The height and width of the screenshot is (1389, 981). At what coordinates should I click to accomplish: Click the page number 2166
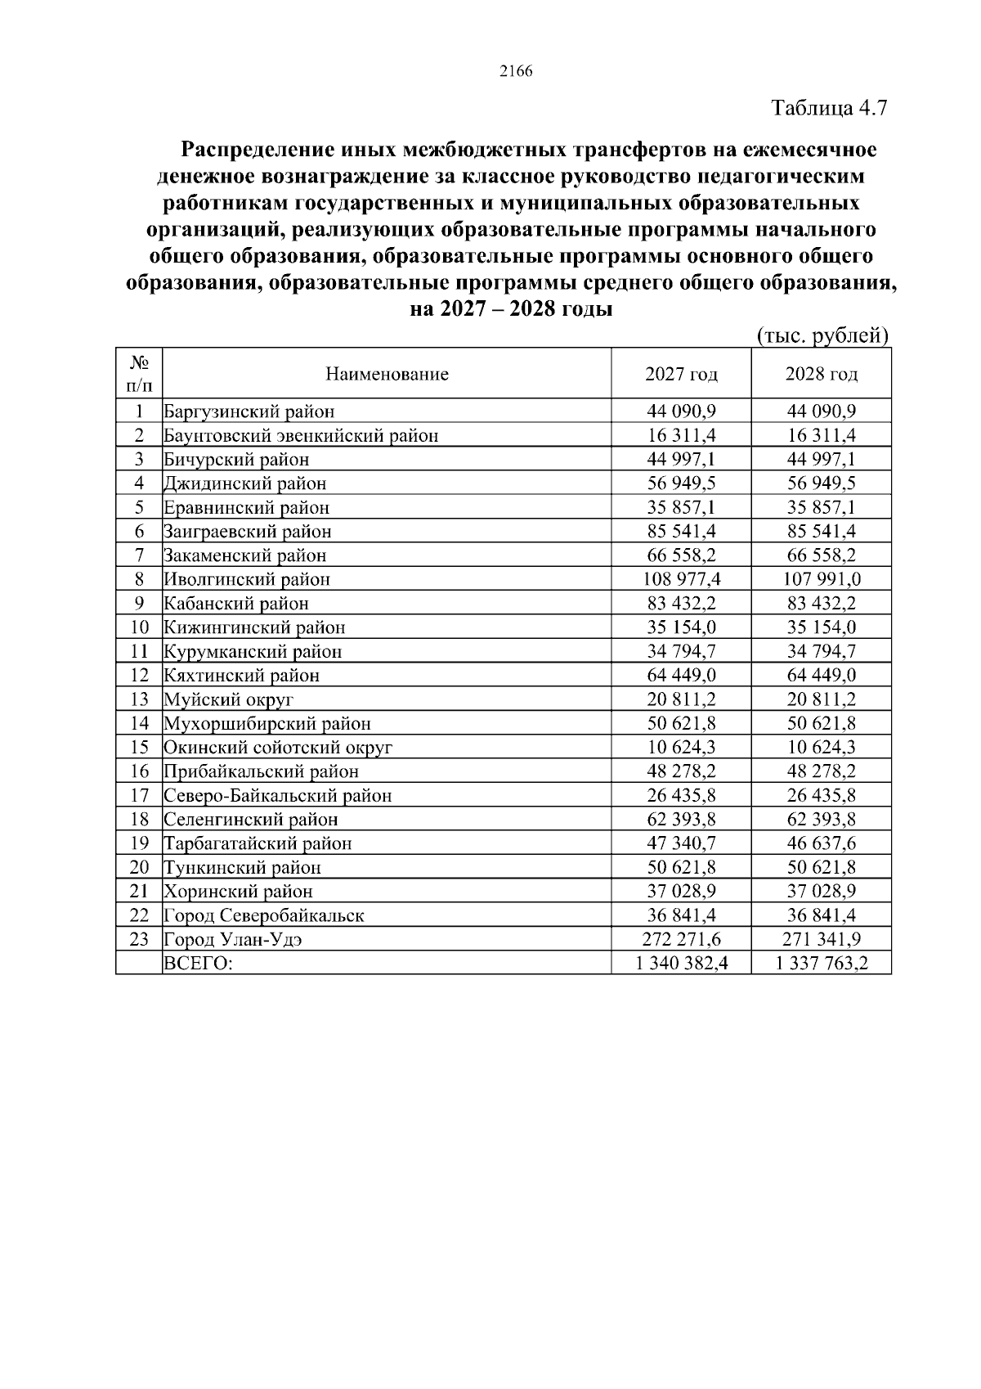tap(515, 71)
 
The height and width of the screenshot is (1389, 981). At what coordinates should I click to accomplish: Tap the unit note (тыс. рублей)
tap(822, 336)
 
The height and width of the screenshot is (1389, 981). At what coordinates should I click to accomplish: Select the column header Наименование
tap(387, 375)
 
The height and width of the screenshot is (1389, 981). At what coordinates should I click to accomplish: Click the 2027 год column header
tap(681, 375)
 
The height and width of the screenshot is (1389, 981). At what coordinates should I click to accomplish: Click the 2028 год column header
tap(822, 375)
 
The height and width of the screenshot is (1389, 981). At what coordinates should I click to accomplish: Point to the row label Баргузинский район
tap(249, 411)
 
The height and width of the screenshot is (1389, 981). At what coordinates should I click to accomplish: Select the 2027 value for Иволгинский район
tap(681, 580)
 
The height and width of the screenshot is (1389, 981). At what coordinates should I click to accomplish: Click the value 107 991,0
tap(822, 580)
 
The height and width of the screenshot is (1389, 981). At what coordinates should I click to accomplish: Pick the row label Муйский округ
tap(228, 699)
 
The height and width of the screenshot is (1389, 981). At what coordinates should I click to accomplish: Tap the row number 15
tap(139, 748)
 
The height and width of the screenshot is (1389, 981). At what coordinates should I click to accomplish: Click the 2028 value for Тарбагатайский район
tap(822, 843)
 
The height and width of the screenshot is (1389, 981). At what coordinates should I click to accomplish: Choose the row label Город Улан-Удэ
tap(234, 940)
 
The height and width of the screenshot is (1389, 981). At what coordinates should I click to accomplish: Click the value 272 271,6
tap(681, 939)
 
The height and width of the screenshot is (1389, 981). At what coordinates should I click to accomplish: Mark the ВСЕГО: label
tap(199, 964)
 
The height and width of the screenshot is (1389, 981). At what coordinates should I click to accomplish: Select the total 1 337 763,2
tap(822, 964)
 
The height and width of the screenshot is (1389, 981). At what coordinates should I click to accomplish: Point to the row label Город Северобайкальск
tap(264, 916)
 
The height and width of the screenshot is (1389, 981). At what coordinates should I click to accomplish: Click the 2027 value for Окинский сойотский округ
tap(681, 748)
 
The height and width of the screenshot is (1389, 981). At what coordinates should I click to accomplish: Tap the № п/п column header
tap(139, 374)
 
